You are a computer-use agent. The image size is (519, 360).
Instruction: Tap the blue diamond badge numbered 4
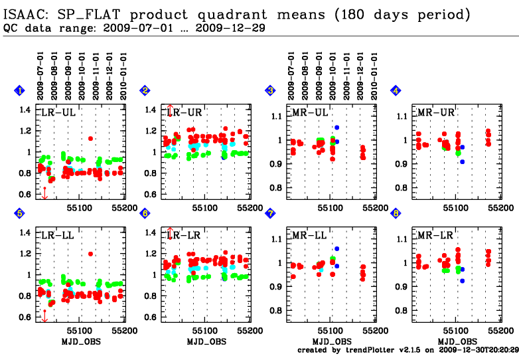396,90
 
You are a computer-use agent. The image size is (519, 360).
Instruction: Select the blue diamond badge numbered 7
270,213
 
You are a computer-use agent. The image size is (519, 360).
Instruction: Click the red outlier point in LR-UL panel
90,138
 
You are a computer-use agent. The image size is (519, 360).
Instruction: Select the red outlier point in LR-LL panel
90,253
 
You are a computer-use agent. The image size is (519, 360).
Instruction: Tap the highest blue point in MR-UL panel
337,128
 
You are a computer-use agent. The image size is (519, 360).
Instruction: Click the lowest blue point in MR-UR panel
463,161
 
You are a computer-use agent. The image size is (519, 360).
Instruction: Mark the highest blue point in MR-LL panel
337,248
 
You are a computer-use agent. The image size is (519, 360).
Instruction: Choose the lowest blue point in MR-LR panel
463,281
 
